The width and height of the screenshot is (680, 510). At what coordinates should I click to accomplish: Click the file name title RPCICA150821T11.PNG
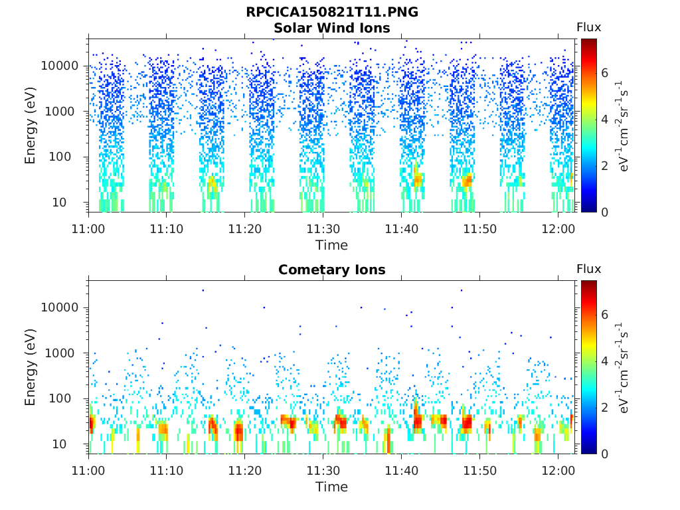[x=332, y=12]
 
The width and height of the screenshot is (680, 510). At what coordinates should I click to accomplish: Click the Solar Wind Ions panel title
[x=332, y=28]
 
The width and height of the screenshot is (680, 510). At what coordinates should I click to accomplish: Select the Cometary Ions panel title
[x=332, y=270]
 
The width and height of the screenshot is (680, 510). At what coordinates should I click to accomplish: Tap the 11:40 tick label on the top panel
[x=402, y=229]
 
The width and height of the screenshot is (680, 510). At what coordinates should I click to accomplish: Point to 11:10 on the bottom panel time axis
[x=167, y=471]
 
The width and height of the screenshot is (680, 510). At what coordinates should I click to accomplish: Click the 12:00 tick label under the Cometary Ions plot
[x=558, y=471]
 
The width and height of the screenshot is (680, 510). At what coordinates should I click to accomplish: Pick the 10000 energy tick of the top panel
[x=60, y=66]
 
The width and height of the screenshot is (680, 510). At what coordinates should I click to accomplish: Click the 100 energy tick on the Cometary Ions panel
[x=60, y=398]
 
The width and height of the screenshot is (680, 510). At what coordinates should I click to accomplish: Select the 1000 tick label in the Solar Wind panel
[x=60, y=112]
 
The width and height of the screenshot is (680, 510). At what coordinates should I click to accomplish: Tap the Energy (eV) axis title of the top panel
[x=30, y=126]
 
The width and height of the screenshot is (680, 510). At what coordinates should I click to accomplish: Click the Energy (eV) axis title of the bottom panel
[x=30, y=367]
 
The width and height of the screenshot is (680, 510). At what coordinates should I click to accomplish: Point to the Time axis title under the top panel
[x=332, y=246]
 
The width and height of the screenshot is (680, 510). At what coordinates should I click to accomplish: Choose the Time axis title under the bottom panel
[x=332, y=487]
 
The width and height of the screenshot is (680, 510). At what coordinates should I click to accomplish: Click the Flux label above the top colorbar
[x=589, y=28]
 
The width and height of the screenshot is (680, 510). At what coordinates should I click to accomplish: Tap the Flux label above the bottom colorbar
[x=589, y=270]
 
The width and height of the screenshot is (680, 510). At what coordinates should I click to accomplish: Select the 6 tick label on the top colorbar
[x=604, y=73]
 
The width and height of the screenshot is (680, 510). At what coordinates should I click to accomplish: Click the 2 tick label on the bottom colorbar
[x=604, y=407]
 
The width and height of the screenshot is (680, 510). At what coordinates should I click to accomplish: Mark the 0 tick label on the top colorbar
[x=604, y=212]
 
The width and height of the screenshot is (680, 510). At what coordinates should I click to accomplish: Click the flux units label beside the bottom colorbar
[x=622, y=368]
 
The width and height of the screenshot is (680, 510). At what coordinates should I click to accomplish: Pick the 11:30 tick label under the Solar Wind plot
[x=323, y=229]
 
